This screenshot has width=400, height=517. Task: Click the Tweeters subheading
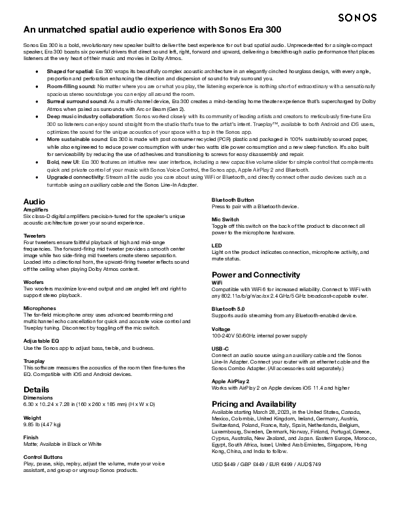tap(35, 235)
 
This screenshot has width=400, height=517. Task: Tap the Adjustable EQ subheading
tap(41, 340)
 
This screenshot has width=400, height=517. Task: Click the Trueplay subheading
tap(34, 360)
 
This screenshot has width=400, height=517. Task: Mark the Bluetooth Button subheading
tap(233, 199)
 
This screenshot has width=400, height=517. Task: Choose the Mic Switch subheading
tap(225, 219)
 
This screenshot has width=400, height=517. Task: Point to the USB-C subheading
tap(220, 349)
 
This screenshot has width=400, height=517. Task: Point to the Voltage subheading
tap(222, 328)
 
